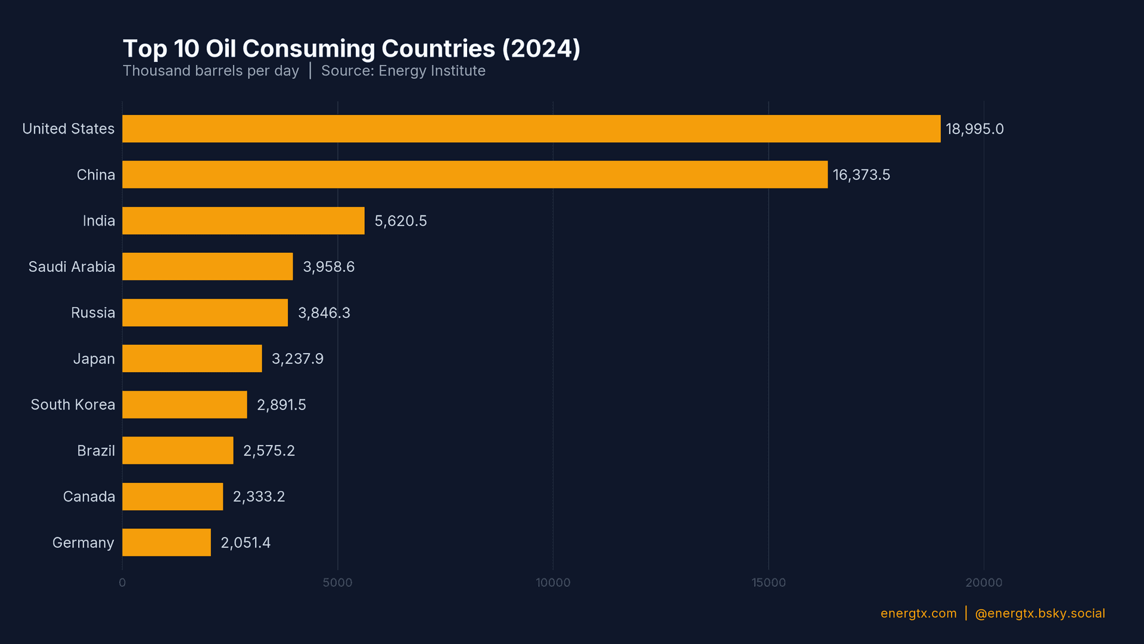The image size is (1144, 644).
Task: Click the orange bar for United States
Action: (x=531, y=129)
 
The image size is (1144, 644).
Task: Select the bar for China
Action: (x=475, y=175)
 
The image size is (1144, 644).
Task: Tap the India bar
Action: (x=243, y=221)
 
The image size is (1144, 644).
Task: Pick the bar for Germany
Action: (x=166, y=543)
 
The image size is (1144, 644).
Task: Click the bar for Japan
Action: (x=192, y=358)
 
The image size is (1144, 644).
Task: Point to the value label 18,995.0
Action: (x=974, y=129)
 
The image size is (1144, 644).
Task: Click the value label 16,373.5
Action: (x=861, y=175)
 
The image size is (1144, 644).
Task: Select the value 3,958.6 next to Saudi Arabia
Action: (x=328, y=267)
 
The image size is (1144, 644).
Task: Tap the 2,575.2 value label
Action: (x=269, y=451)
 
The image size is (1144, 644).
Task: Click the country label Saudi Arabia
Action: (x=71, y=267)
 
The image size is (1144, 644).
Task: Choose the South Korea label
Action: (x=73, y=405)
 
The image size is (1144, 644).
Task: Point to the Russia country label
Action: (x=93, y=313)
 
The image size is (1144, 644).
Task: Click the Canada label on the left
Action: (x=89, y=497)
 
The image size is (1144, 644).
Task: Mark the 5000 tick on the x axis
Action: (x=337, y=583)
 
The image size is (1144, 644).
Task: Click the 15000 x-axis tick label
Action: (x=768, y=583)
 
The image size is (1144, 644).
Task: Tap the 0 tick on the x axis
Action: (x=122, y=583)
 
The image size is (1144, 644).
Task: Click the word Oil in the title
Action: (x=220, y=49)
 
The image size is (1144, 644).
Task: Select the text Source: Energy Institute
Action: (x=403, y=71)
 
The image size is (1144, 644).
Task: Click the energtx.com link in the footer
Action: (x=918, y=614)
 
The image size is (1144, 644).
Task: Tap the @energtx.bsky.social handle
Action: (x=1040, y=614)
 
